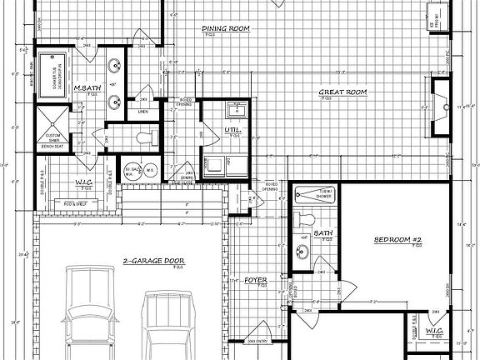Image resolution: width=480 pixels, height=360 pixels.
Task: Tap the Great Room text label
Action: [342, 92]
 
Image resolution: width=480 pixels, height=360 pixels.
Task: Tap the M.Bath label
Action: [87, 87]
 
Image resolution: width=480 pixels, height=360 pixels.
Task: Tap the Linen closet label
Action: [143, 110]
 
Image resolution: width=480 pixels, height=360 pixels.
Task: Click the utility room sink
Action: [232, 109]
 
